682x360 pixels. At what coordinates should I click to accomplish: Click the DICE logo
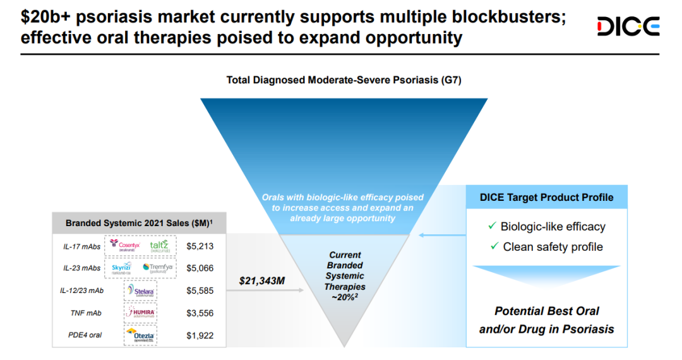(628, 27)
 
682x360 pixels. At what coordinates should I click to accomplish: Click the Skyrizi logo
(121, 268)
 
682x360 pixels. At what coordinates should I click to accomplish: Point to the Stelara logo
(140, 291)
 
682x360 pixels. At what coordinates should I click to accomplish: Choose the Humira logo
(140, 313)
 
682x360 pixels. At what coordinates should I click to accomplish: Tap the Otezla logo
(140, 335)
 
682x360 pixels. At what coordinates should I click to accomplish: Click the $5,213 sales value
(200, 246)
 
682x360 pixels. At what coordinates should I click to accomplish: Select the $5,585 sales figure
(200, 291)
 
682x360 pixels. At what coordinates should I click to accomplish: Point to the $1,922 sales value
(200, 335)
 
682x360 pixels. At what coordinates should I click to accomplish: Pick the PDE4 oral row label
(84, 335)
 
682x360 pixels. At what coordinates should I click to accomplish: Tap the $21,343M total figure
(262, 280)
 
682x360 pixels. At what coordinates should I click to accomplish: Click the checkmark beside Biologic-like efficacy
(492, 226)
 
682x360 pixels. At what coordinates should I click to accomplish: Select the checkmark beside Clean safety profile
(494, 246)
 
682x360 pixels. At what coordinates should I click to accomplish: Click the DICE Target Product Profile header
(546, 198)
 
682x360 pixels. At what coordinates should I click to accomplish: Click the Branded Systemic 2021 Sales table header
(139, 223)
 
